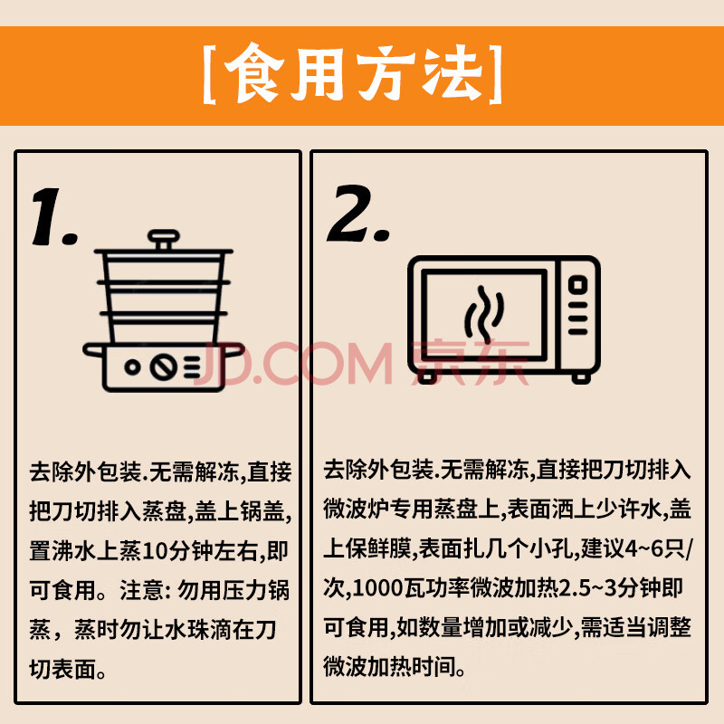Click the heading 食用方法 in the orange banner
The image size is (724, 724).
point(353,74)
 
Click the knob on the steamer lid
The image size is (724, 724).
point(164,240)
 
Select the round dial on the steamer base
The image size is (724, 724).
point(164,367)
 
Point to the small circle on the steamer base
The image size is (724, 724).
point(132,367)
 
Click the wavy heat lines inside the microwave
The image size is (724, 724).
point(484,313)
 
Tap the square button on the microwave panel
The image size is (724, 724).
point(577,284)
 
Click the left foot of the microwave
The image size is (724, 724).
point(427,377)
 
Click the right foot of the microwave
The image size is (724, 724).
point(581,378)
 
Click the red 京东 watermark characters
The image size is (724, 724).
point(470,363)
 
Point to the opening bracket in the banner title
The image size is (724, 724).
point(210,74)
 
